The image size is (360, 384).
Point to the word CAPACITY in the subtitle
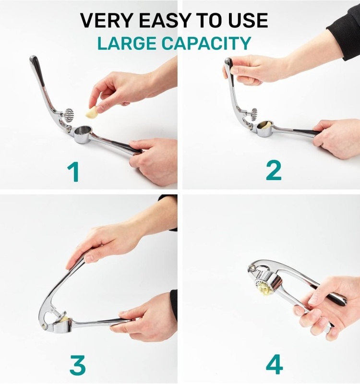[x=206, y=43]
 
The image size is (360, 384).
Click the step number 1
[x=73, y=172]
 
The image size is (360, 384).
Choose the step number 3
[x=77, y=366]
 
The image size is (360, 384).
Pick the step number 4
[x=274, y=365]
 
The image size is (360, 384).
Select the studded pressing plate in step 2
[x=252, y=114]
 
